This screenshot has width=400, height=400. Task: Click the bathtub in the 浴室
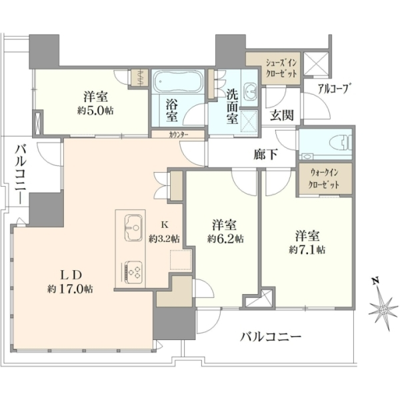(178, 81)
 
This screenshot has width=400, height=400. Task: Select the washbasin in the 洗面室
(250, 91)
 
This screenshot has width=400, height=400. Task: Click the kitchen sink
(133, 228)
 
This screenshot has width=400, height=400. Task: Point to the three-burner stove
(133, 272)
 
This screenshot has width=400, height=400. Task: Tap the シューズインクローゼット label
(281, 68)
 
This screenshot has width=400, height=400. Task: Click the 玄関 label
(281, 115)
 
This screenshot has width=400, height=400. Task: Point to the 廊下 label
(265, 155)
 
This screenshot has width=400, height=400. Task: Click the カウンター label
(178, 135)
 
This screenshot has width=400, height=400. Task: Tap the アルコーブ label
(333, 89)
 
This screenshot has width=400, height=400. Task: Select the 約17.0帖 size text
(70, 289)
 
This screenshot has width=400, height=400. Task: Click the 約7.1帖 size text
(307, 250)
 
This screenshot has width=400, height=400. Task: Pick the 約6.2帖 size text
(225, 239)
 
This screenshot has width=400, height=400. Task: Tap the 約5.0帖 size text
(95, 111)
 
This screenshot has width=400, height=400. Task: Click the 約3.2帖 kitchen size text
(165, 239)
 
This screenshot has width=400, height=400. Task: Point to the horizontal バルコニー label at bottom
(271, 337)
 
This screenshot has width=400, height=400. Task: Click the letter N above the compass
(375, 281)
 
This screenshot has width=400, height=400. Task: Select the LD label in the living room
(70, 275)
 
